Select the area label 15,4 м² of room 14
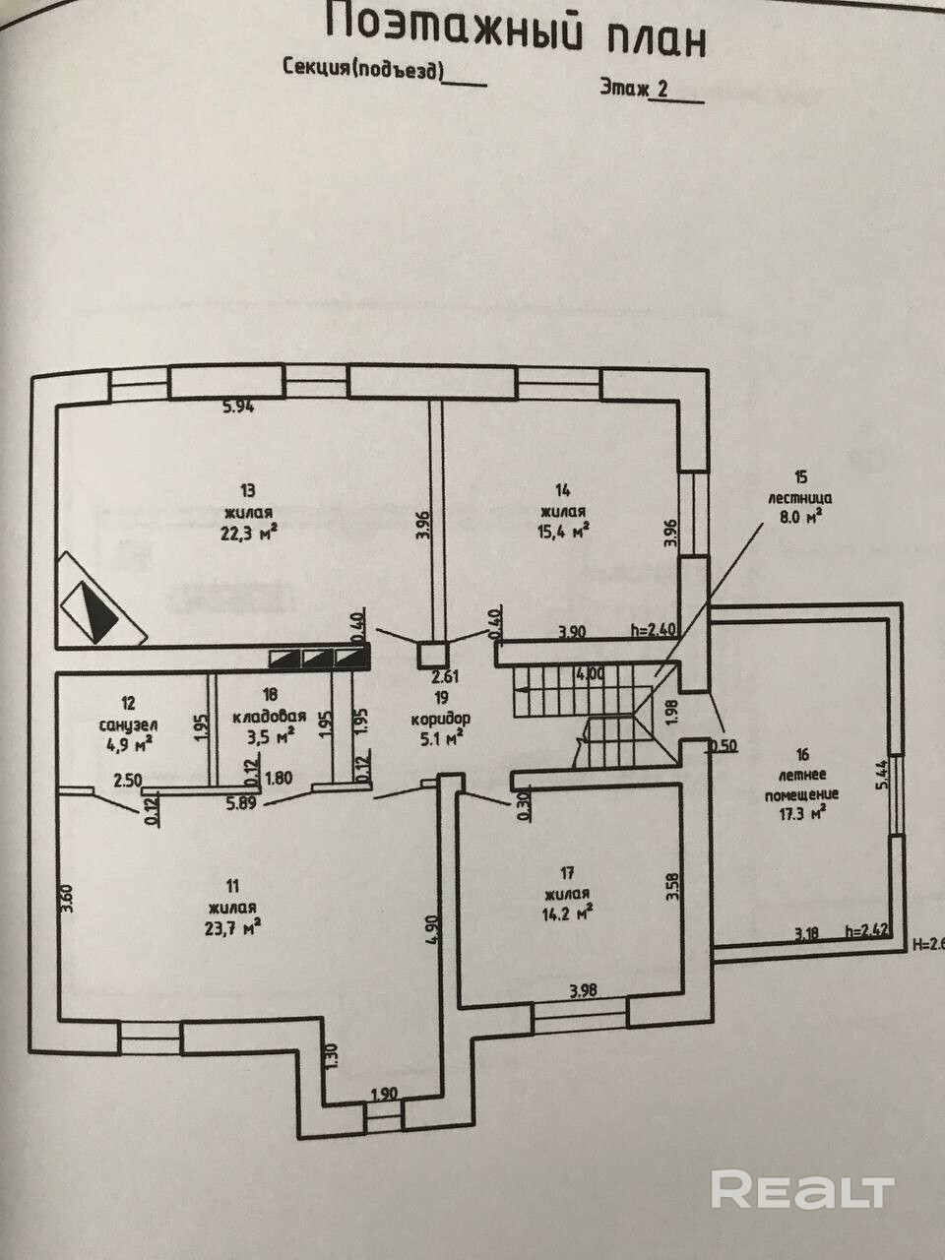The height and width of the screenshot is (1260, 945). click(x=564, y=531)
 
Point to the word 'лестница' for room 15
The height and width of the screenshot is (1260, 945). click(x=795, y=497)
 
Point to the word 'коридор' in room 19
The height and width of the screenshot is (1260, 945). click(x=440, y=717)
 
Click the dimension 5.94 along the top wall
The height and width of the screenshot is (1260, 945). click(x=237, y=409)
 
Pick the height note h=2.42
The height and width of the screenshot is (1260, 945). click(x=870, y=928)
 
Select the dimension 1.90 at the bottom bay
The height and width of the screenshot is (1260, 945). click(x=384, y=1093)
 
